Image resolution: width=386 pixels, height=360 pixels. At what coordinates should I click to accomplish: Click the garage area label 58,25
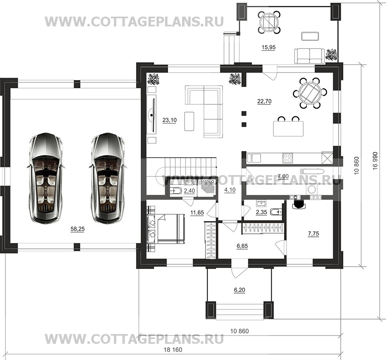(78, 229)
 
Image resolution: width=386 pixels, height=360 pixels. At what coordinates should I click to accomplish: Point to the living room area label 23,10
(170, 120)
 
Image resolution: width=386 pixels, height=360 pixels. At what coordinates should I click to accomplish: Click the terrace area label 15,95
(268, 47)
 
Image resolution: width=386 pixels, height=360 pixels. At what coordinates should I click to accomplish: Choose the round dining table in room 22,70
(310, 93)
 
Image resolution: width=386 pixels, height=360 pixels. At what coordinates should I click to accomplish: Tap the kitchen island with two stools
(288, 126)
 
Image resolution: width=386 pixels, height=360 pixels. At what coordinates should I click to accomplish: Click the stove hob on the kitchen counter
(287, 158)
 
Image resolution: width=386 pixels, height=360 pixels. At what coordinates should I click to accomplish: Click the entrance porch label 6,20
(240, 290)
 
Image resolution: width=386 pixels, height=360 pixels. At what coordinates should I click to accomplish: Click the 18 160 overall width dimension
(173, 350)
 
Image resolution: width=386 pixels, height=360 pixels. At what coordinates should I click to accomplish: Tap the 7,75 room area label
(313, 233)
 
